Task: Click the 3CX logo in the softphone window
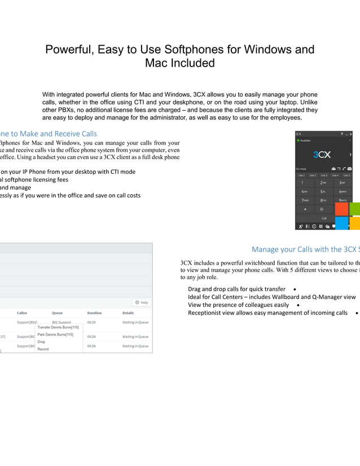tap(322, 154)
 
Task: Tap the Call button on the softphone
tap(324, 218)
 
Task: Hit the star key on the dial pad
tap(305, 209)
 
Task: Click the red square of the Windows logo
tap(341, 209)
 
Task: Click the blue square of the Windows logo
tap(341, 223)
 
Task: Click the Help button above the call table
tap(141, 302)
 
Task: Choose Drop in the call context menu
tap(41, 342)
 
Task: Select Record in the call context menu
tap(43, 349)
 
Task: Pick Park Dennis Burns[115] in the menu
tap(55, 335)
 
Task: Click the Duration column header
tap(94, 313)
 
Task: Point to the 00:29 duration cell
tap(91, 323)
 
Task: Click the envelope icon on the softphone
tap(350, 168)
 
